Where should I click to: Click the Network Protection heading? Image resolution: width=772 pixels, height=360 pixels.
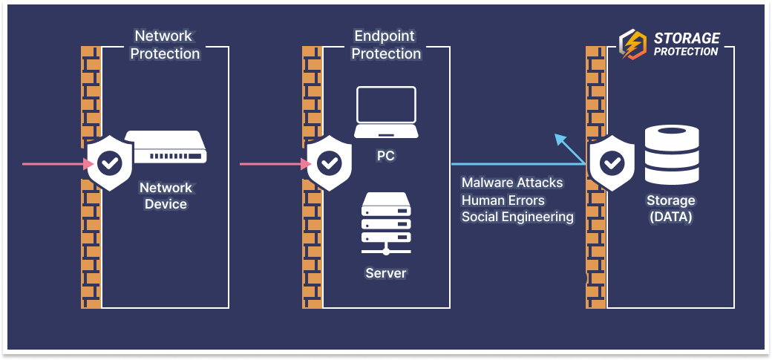click(166, 45)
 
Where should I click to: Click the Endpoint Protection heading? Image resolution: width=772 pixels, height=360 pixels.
click(386, 45)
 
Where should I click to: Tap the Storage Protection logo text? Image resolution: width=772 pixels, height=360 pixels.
click(686, 45)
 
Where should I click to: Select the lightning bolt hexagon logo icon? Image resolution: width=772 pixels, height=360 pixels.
click(632, 45)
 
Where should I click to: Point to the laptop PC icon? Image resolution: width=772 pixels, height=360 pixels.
click(385, 113)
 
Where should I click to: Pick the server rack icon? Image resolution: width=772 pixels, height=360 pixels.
click(385, 219)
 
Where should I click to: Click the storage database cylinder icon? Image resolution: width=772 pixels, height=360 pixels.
click(671, 155)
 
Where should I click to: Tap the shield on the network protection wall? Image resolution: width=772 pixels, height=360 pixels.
click(109, 162)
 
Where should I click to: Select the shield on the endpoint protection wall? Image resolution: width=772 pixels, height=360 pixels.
click(329, 162)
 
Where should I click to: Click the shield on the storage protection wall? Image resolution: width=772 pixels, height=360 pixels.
click(611, 162)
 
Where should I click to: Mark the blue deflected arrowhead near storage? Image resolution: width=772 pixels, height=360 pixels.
click(560, 139)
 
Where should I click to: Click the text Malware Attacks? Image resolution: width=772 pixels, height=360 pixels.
click(512, 183)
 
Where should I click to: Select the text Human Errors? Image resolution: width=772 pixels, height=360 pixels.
click(503, 200)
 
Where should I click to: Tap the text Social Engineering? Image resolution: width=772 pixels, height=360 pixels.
click(517, 217)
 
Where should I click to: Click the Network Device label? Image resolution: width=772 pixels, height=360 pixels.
click(166, 196)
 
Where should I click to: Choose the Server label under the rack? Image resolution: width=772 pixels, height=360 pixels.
click(385, 273)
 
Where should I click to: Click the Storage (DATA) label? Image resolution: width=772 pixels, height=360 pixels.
click(670, 209)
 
